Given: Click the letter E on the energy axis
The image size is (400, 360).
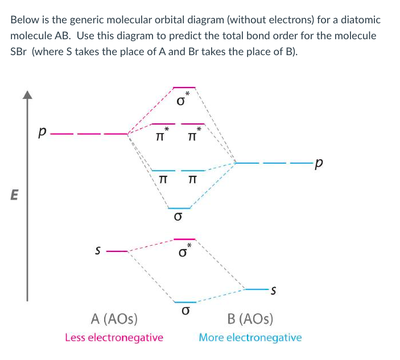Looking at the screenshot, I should tap(15, 195).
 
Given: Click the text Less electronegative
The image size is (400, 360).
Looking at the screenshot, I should tap(114, 337).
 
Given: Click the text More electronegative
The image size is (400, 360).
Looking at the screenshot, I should tap(250, 337).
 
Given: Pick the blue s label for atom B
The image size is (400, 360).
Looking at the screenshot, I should tap(274, 291).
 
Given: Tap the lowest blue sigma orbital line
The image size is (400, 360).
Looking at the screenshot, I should tap(185, 302).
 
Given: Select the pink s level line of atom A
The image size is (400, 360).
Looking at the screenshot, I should tap(117, 250).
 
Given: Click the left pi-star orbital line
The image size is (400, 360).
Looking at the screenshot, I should tap(162, 123).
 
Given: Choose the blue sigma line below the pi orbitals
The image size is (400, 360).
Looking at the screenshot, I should tap(179, 209).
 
